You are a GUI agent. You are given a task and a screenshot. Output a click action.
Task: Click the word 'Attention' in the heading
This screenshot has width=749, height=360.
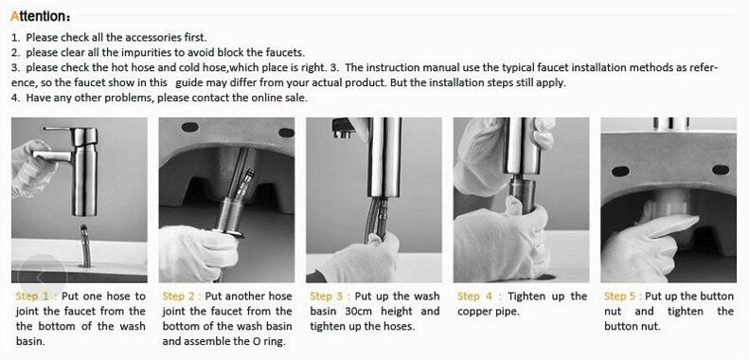coord(37,17)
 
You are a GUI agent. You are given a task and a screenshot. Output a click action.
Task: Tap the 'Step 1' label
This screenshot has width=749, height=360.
coord(35,297)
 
